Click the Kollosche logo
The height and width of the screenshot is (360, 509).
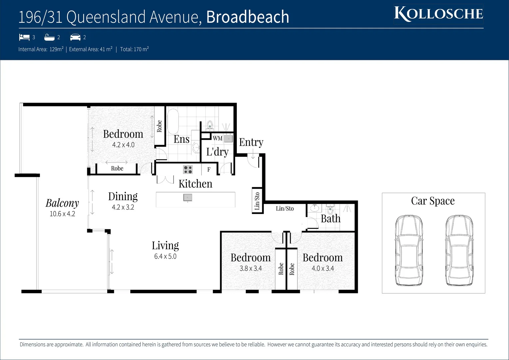point(438,14)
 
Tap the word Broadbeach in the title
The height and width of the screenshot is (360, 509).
point(248,17)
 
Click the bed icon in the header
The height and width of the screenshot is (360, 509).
point(24,37)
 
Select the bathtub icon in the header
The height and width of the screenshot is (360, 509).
point(49,37)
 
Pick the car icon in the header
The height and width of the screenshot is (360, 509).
point(75,37)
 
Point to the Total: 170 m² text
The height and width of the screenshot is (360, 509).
point(134,49)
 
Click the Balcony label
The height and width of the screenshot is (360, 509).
point(62,203)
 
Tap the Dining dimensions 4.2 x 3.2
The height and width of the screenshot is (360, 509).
point(123,207)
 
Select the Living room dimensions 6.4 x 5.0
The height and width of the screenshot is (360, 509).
point(165,256)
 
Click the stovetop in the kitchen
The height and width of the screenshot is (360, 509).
point(188,170)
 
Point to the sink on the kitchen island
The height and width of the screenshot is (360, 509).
point(188,198)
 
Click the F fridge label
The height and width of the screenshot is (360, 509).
point(209,170)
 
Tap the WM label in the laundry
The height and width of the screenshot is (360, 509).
point(218,138)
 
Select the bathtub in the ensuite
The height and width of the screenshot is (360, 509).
point(173,121)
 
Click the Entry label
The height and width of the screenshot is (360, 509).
point(251,142)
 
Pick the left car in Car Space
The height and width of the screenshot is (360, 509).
point(409,250)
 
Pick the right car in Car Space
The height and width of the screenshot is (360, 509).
point(459,250)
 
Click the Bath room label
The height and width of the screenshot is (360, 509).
point(330,219)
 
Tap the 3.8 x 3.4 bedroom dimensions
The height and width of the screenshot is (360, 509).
point(251,268)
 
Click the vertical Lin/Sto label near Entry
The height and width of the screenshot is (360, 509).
point(257,201)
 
